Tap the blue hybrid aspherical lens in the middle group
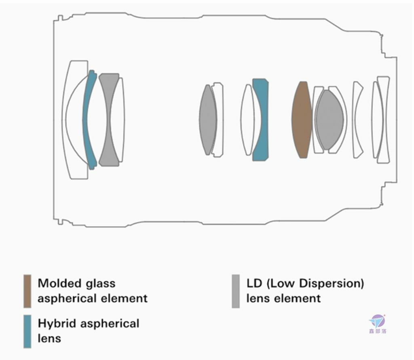pos(262,120)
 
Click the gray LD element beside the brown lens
pos(330,120)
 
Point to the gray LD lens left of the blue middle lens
pos(208,120)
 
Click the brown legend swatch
pos(27,291)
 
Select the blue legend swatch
pos(27,331)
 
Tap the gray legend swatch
pos(236,291)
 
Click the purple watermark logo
pos(378,321)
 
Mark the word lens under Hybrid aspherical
pos(49,338)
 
